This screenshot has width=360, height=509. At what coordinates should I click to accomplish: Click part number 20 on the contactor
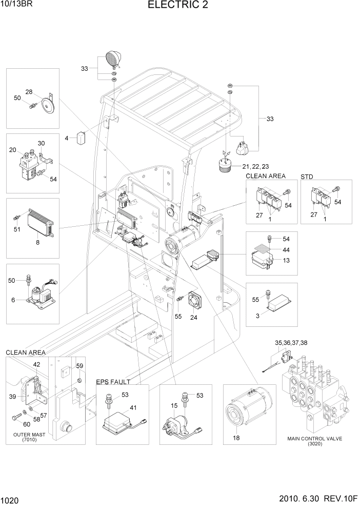[13, 149]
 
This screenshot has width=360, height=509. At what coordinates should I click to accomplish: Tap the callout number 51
[17, 229]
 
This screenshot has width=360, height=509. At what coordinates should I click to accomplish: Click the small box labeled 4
[81, 138]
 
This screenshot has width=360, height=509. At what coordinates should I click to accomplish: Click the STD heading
[307, 176]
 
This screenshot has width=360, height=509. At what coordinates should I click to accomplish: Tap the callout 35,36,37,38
[291, 342]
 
